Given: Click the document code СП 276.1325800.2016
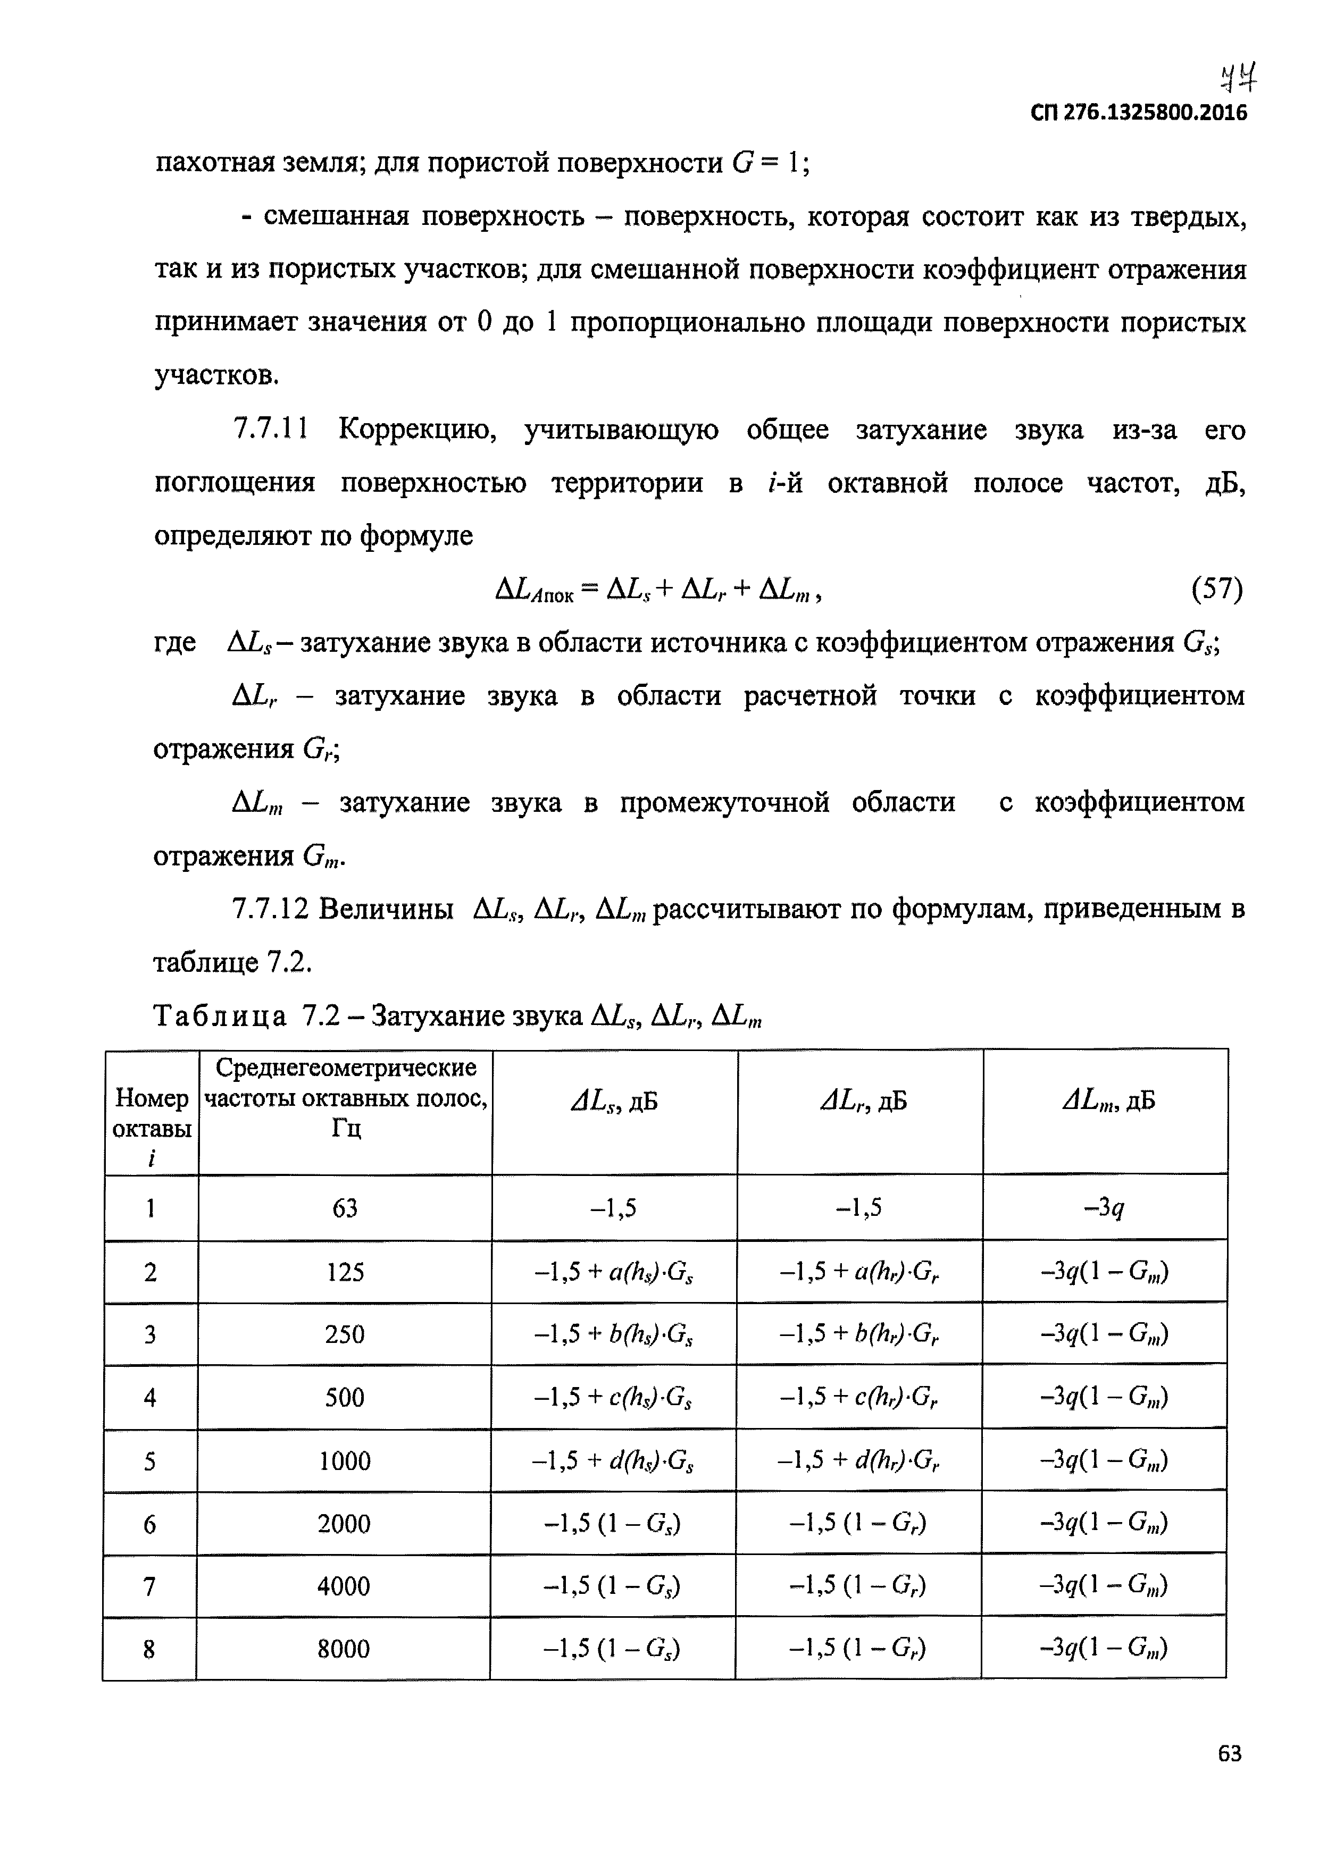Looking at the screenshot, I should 1138,113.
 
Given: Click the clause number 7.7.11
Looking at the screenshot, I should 271,429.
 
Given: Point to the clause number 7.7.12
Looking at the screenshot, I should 271,909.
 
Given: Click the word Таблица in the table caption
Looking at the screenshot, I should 220,1015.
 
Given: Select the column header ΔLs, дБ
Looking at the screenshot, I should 614,1102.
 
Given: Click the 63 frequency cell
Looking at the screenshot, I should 345,1208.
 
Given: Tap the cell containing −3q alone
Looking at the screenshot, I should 1105,1208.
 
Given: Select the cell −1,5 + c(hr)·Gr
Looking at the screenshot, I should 859,1397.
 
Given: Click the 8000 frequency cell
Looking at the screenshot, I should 343,1649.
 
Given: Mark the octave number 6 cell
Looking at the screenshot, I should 149,1524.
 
